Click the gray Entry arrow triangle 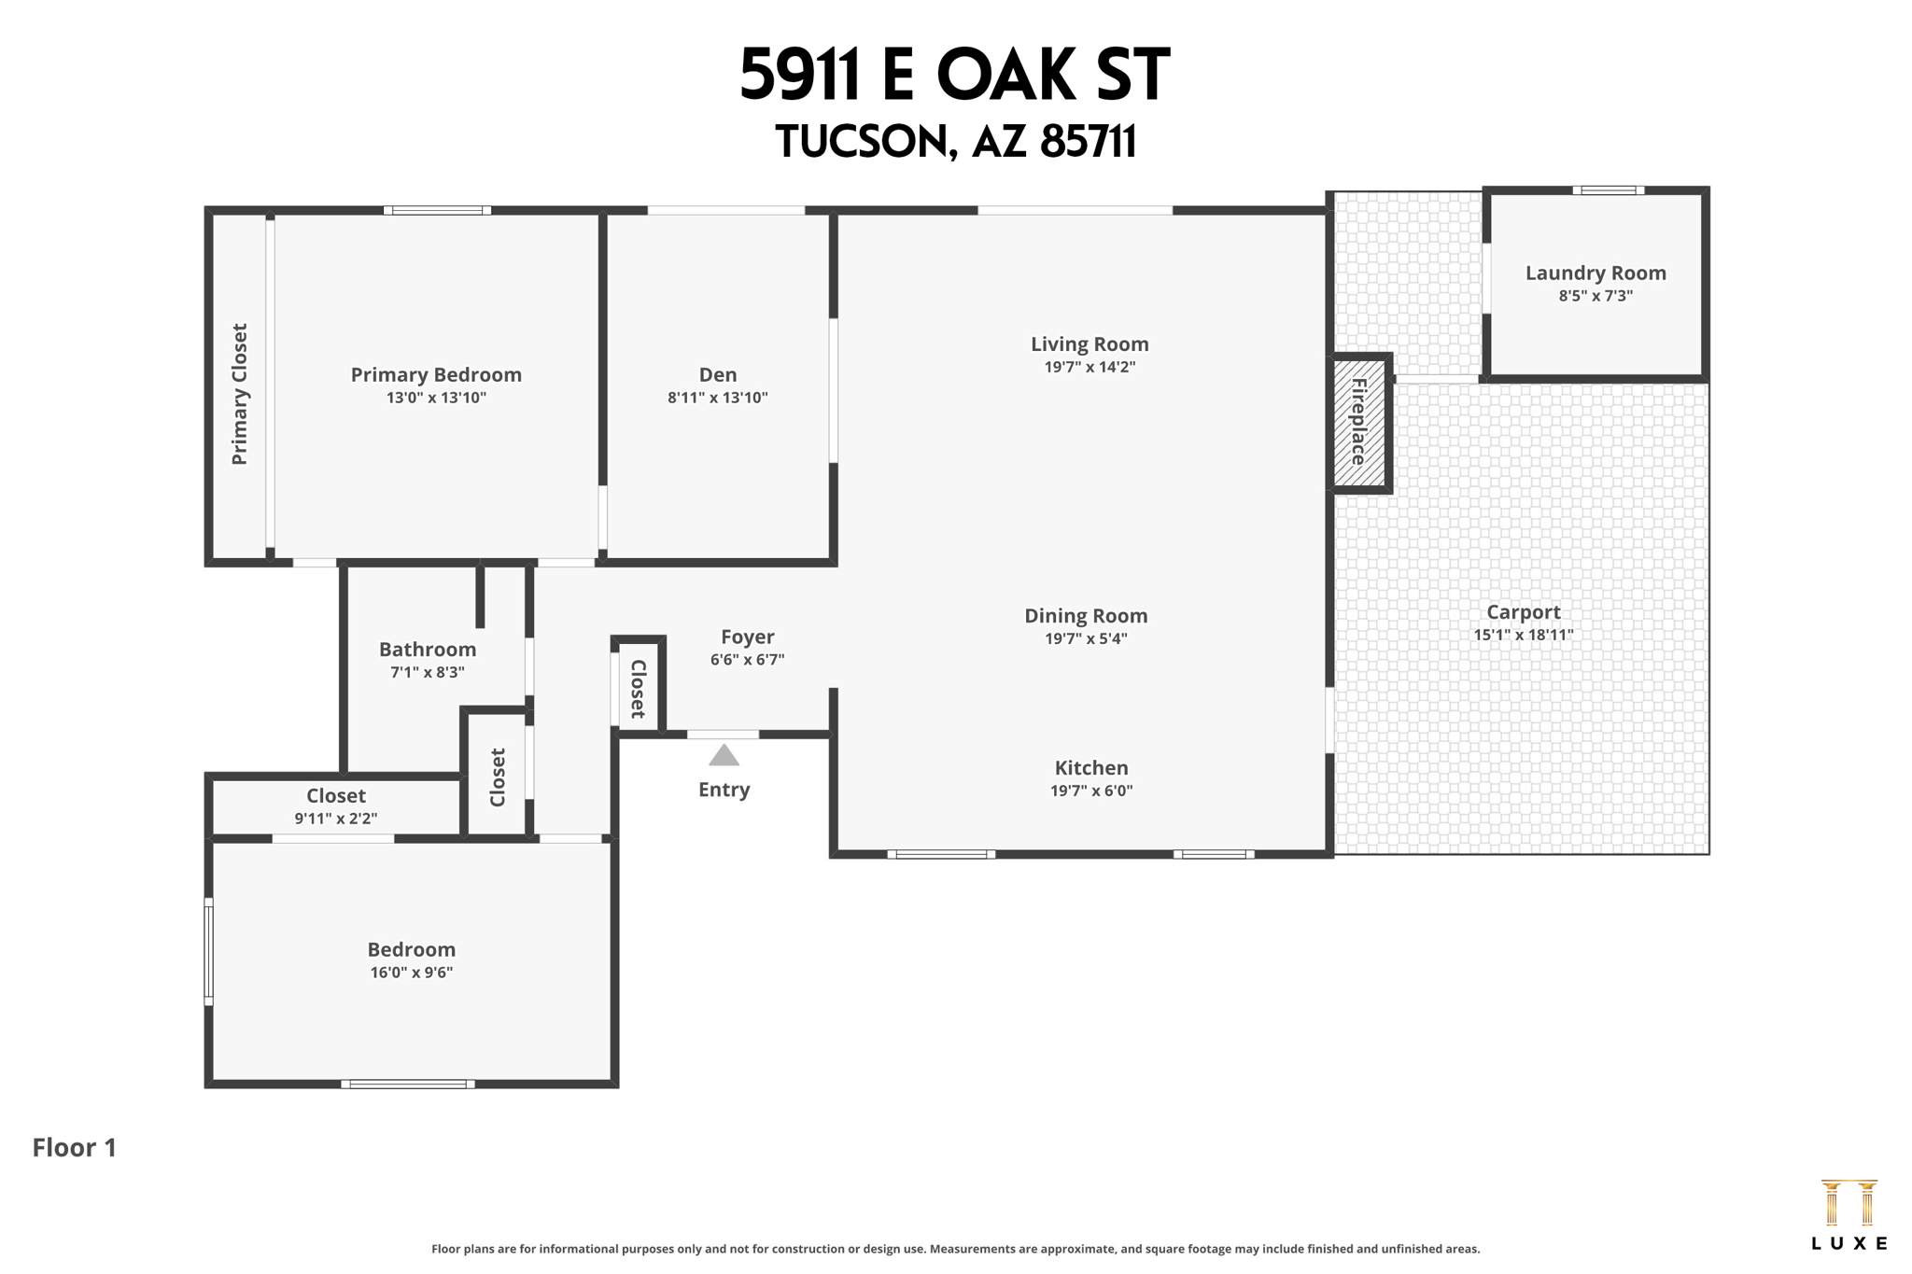724,755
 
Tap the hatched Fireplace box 1358,423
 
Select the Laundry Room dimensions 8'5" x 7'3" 1595,296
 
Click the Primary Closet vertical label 240,394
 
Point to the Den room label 717,374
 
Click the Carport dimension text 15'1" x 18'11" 1523,635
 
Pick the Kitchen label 1090,767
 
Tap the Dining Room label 1086,615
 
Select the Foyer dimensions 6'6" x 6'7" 747,659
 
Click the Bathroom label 428,649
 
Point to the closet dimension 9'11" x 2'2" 336,819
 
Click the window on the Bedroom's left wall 209,951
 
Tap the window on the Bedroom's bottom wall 408,1084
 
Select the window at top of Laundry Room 1608,190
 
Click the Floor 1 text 75,1147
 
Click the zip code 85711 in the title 1088,142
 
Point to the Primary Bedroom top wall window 437,210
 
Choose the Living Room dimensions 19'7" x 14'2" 1089,367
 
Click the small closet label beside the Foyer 638,689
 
